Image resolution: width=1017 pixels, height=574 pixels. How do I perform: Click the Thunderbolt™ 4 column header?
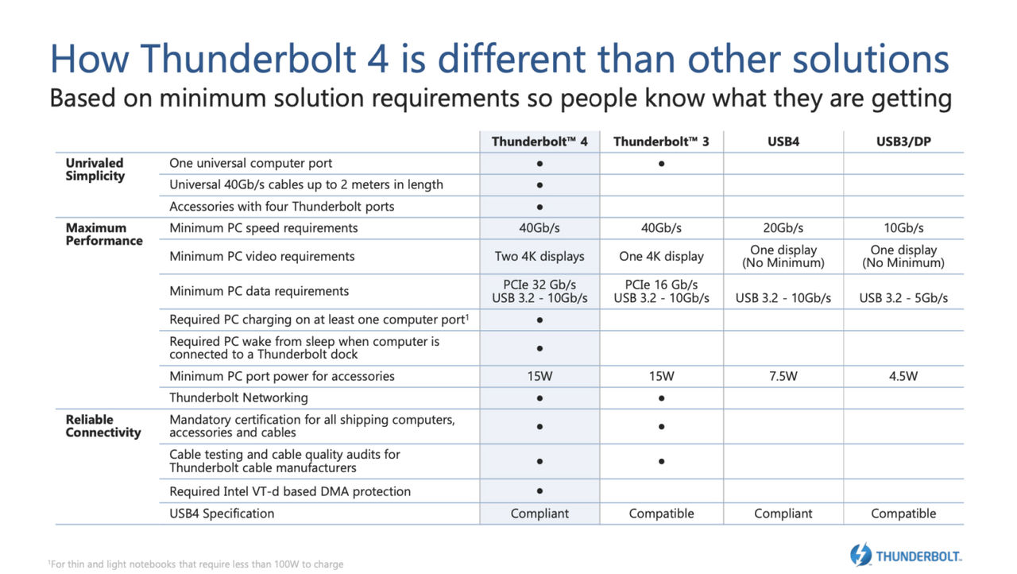[x=539, y=142]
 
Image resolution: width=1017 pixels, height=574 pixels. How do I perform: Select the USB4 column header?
[x=783, y=142]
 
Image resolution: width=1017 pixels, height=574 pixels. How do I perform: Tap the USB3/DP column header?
[x=903, y=142]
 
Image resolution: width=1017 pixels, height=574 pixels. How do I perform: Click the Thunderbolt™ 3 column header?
[x=661, y=142]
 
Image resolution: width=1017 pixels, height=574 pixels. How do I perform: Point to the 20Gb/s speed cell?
[x=783, y=228]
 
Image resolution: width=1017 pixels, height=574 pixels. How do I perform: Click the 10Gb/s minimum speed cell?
[x=903, y=228]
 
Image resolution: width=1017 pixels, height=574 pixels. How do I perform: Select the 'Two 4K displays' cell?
[x=539, y=257]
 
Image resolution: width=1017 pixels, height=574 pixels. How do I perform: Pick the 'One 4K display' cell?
[x=661, y=257]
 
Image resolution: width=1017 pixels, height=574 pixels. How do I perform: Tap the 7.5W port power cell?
[x=783, y=376]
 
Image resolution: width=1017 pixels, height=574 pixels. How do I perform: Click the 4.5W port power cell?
[x=903, y=376]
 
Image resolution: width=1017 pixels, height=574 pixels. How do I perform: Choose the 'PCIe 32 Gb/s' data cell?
[x=539, y=285]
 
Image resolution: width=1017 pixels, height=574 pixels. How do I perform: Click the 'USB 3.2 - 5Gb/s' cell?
[x=903, y=298]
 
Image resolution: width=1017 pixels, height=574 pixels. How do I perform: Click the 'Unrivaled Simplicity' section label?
[x=95, y=169]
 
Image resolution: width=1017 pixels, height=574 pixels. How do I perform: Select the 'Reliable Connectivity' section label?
[x=103, y=426]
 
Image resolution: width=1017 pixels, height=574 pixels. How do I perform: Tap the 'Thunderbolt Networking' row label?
[x=238, y=398]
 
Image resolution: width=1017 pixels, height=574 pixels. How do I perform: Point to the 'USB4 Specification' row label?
[x=222, y=514]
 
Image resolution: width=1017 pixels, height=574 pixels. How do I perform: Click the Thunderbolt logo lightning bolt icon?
[x=860, y=554]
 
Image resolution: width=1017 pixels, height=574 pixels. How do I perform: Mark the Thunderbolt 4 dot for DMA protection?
[x=539, y=491]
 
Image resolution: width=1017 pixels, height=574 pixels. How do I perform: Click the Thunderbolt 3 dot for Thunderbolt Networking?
[x=662, y=398]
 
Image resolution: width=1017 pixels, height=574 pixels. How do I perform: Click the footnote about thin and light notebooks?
[x=195, y=564]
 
